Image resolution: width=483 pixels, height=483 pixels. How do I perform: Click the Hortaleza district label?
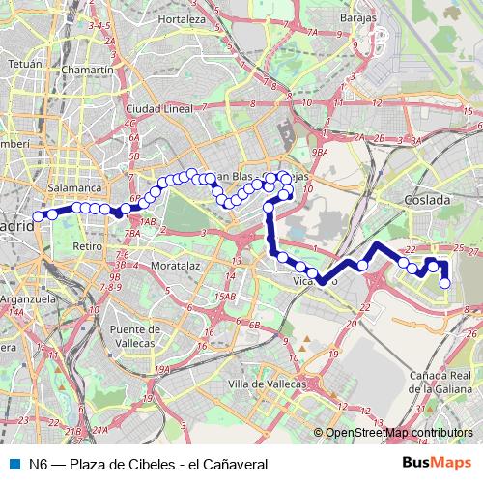(x=183, y=19)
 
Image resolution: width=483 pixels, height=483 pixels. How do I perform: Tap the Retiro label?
(x=87, y=247)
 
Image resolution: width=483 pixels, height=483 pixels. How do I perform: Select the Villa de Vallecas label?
(x=263, y=384)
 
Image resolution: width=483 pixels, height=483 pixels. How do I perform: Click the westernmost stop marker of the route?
(x=39, y=215)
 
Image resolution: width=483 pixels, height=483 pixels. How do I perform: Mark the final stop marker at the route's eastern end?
(x=445, y=283)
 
